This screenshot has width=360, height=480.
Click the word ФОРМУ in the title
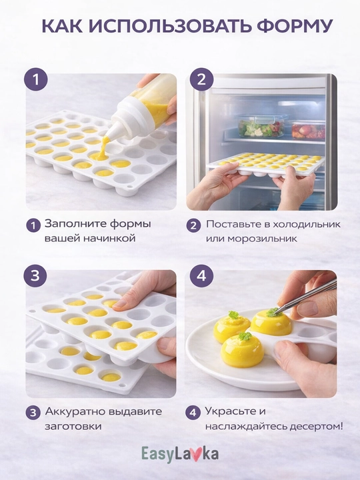[295, 26]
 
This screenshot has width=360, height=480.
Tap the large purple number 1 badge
[36, 79]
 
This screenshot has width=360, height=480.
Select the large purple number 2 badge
[201, 79]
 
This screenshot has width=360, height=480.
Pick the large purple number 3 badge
[35, 275]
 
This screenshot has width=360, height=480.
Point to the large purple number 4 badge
[201, 275]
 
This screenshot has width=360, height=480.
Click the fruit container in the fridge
[307, 130]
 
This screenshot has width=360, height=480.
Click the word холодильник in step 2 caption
[306, 224]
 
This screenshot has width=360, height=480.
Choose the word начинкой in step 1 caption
[107, 238]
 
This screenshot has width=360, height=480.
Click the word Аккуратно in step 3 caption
[74, 411]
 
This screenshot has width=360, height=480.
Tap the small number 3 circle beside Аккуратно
[33, 413]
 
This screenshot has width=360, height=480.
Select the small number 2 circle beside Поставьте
[193, 225]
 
